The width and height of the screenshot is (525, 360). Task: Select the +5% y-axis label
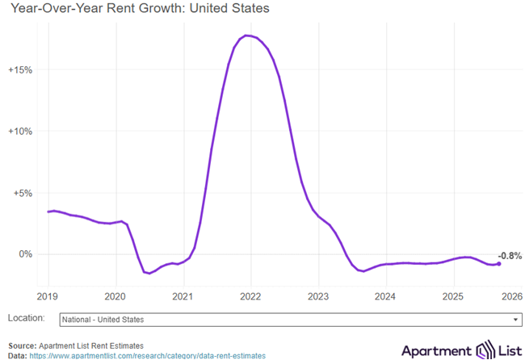tap(22, 193)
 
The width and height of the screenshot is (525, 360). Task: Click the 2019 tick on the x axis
tap(48, 295)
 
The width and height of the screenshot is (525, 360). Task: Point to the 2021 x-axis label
tap(183, 295)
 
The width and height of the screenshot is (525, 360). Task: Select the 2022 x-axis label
tap(250, 295)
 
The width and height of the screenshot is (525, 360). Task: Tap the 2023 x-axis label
tap(317, 295)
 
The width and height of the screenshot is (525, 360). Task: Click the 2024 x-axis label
tap(385, 295)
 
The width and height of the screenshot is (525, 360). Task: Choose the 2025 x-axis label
tap(452, 295)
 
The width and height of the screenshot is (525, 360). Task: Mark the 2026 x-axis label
tap(512, 295)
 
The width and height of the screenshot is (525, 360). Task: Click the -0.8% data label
tap(510, 255)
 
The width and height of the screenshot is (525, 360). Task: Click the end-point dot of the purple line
tap(498, 264)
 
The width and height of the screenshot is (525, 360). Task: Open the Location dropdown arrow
tap(514, 320)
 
